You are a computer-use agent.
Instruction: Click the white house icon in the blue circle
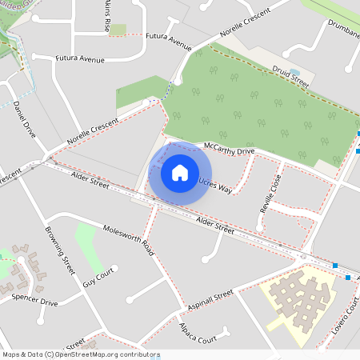179,172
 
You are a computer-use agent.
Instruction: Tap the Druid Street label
288,76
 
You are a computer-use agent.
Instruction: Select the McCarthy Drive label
229,150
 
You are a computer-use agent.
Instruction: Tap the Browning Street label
62,249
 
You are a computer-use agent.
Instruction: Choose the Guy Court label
100,278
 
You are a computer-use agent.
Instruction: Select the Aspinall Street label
209,301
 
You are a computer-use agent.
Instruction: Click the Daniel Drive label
25,119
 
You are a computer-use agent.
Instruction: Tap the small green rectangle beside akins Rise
118,30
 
